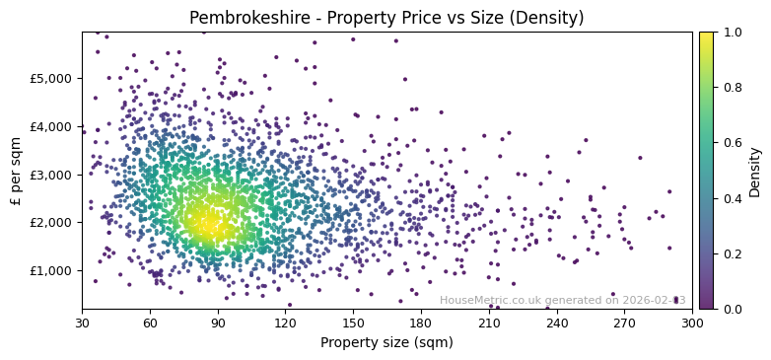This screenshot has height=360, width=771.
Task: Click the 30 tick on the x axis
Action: click(x=82, y=323)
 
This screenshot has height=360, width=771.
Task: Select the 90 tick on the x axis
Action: click(x=218, y=323)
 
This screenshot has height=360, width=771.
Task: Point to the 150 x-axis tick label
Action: click(x=353, y=323)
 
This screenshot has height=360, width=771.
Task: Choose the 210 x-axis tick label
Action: click(x=489, y=323)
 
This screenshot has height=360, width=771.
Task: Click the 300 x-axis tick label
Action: click(x=692, y=323)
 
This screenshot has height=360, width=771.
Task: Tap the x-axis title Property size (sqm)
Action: click(x=386, y=343)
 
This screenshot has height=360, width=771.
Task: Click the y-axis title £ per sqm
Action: click(x=17, y=171)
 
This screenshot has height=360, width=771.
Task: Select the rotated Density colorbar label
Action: click(x=755, y=171)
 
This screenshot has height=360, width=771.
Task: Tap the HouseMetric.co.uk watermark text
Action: click(x=562, y=301)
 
